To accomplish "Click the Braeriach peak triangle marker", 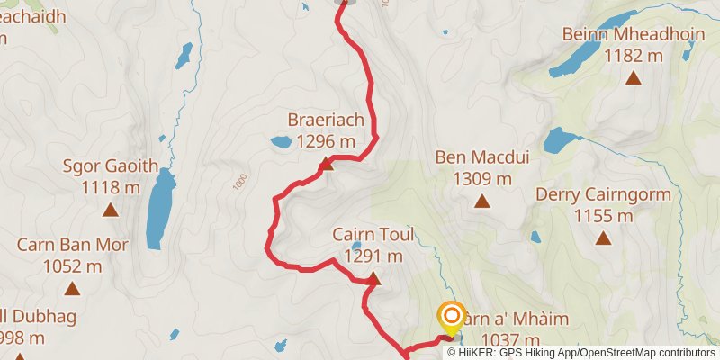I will [327, 165].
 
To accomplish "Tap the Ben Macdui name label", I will [481, 158].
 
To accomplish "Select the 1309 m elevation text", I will [481, 178].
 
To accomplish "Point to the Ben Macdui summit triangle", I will [482, 202].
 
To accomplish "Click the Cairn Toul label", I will [373, 236].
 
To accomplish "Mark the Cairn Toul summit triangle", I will [373, 279].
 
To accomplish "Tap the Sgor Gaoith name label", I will [111, 166].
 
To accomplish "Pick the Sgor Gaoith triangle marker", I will [111, 211].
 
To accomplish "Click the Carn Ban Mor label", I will [72, 245].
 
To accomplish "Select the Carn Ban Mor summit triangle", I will [72, 289].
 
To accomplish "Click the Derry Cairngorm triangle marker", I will [602, 238].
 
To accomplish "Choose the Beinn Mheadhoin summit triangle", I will [634, 78].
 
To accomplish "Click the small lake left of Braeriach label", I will [281, 141].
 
